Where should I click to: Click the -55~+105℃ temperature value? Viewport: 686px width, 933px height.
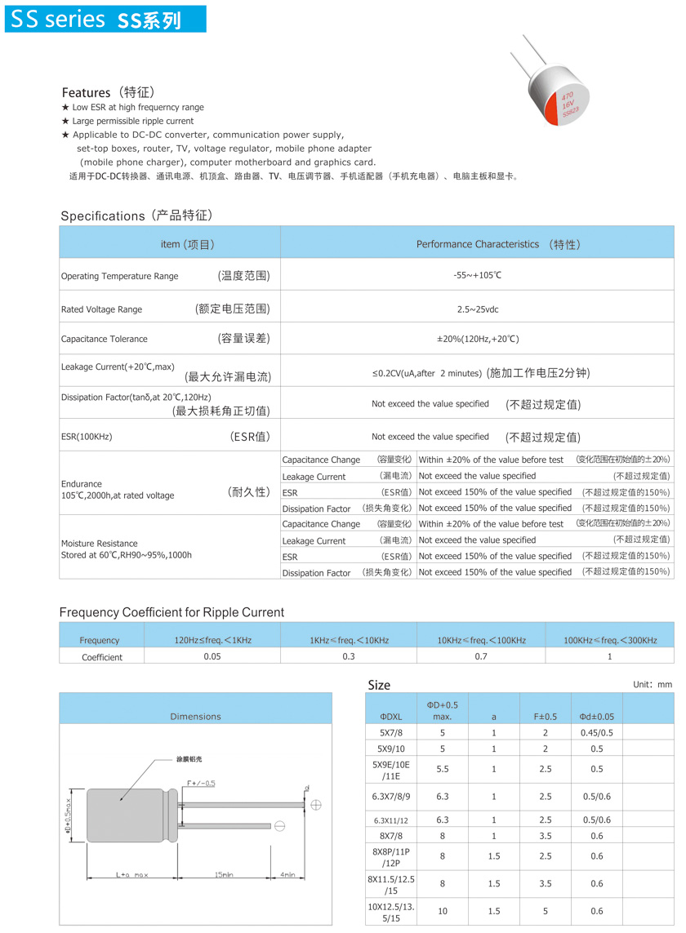(x=477, y=275)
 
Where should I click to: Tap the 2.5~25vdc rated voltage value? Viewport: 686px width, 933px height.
(x=477, y=309)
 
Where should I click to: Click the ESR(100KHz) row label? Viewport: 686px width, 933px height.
(x=87, y=437)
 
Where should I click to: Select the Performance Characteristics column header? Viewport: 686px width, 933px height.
(x=477, y=244)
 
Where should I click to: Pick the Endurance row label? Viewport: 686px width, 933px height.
(x=82, y=484)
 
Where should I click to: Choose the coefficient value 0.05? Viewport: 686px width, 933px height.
(x=212, y=656)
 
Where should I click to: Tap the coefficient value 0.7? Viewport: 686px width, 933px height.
(x=480, y=656)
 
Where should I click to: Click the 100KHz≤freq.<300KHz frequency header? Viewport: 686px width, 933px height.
(x=609, y=640)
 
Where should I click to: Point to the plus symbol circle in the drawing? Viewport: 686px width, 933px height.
(x=316, y=805)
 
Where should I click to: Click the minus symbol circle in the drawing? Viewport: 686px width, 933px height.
(x=279, y=827)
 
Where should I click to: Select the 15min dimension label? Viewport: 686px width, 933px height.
(x=223, y=875)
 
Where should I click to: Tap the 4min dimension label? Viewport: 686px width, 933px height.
(x=287, y=875)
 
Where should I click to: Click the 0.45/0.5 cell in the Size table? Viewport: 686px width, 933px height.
(x=596, y=733)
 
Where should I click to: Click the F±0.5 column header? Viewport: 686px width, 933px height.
(x=546, y=716)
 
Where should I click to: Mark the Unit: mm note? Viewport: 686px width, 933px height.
(x=652, y=685)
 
